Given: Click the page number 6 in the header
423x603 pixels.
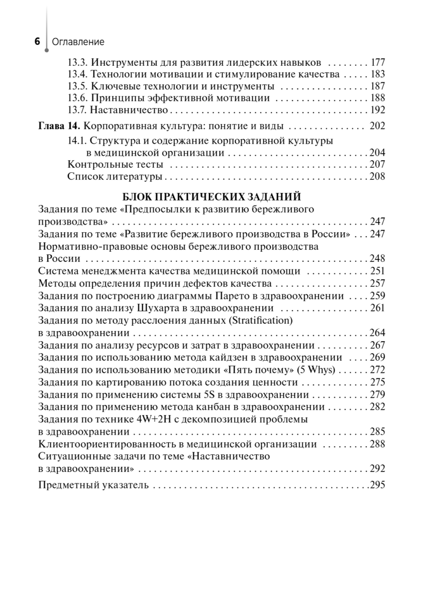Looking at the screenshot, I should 37,42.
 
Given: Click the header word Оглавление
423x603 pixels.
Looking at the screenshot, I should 77,42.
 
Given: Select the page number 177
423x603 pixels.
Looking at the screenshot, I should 377,63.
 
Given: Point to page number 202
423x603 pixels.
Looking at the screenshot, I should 377,126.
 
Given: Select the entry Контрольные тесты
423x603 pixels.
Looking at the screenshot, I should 115,164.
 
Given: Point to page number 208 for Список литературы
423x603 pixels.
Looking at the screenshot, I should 377,176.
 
